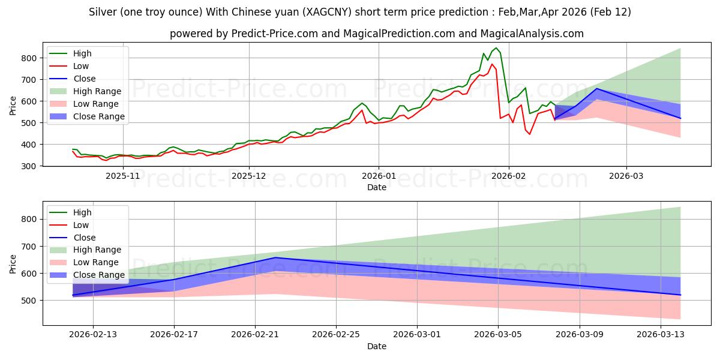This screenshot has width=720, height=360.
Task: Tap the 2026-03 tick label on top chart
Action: pyautogui.click(x=626, y=176)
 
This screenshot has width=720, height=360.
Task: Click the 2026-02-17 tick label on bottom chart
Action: pyautogui.click(x=174, y=335)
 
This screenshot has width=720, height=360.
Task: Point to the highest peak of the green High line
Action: pyautogui.click(x=496, y=48)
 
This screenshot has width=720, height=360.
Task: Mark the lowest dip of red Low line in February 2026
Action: pyautogui.click(x=529, y=134)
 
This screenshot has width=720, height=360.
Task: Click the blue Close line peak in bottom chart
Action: pyautogui.click(x=275, y=257)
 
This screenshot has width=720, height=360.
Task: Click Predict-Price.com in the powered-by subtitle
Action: pyautogui.click(x=265, y=34)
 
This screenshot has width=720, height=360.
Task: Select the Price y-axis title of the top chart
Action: pyautogui.click(x=13, y=105)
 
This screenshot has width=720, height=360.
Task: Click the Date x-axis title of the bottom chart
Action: pyautogui.click(x=377, y=346)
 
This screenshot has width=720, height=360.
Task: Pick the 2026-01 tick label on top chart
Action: pyautogui.click(x=379, y=176)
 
